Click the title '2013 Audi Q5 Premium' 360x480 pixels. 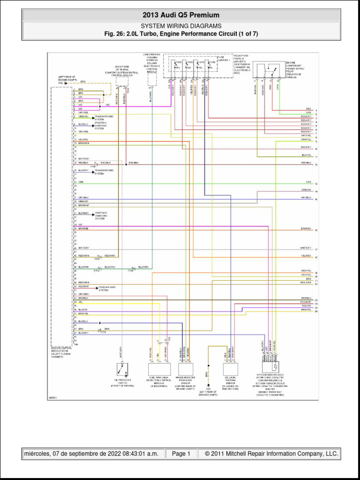180,15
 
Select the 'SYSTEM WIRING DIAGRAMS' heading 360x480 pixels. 180,26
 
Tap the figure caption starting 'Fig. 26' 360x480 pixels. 180,34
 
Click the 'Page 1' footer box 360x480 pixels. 181,454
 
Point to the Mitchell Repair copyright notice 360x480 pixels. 268,454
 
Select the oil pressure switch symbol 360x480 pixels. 123,369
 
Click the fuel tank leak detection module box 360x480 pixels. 158,369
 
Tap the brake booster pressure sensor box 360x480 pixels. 185,369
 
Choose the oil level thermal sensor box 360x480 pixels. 231,369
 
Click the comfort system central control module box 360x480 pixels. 122,81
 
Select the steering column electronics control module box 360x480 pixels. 152,79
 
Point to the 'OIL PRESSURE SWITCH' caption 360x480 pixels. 123,382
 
